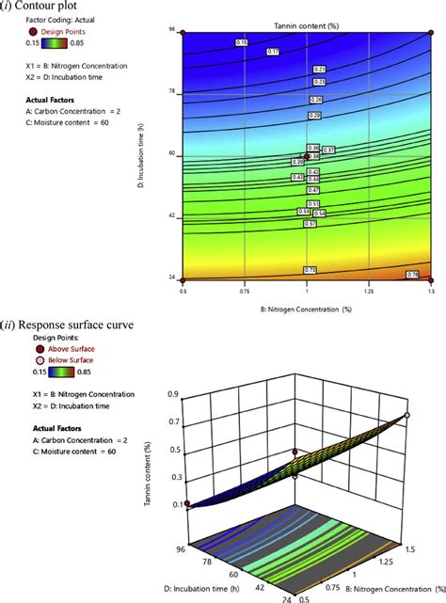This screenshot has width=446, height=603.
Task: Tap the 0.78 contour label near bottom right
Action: point(411,274)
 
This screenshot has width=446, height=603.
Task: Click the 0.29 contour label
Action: point(315,116)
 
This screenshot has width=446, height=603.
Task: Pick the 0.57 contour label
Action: point(310,224)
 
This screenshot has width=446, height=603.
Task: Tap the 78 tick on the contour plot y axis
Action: point(172,92)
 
